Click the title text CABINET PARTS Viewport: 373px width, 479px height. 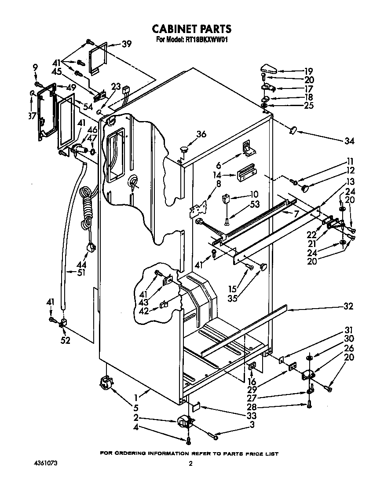click(x=191, y=29)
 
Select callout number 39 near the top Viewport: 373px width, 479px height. click(x=127, y=44)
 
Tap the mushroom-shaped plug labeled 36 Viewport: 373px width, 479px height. click(x=183, y=151)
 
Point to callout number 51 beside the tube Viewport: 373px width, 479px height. click(x=80, y=273)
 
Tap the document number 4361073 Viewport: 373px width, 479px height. click(x=45, y=464)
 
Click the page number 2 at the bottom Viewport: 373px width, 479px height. click(x=190, y=464)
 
